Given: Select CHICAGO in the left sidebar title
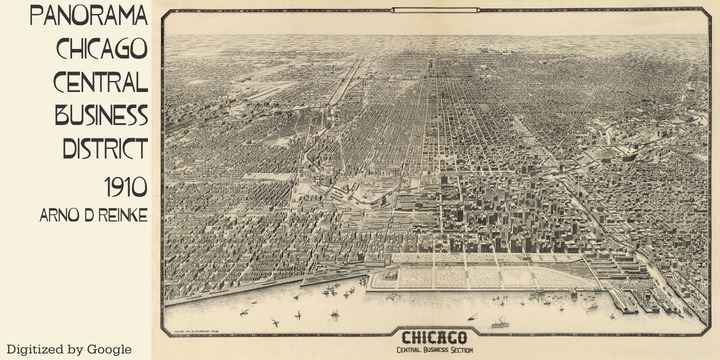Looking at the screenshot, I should (102, 48).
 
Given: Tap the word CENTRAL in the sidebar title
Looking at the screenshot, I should (102, 81).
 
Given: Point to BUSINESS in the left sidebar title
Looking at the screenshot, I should (101, 114).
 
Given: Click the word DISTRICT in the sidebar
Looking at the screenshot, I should (104, 148).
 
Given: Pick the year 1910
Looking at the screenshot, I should (125, 186).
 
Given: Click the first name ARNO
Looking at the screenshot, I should (53, 215).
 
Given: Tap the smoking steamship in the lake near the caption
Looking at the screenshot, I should (497, 323).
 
